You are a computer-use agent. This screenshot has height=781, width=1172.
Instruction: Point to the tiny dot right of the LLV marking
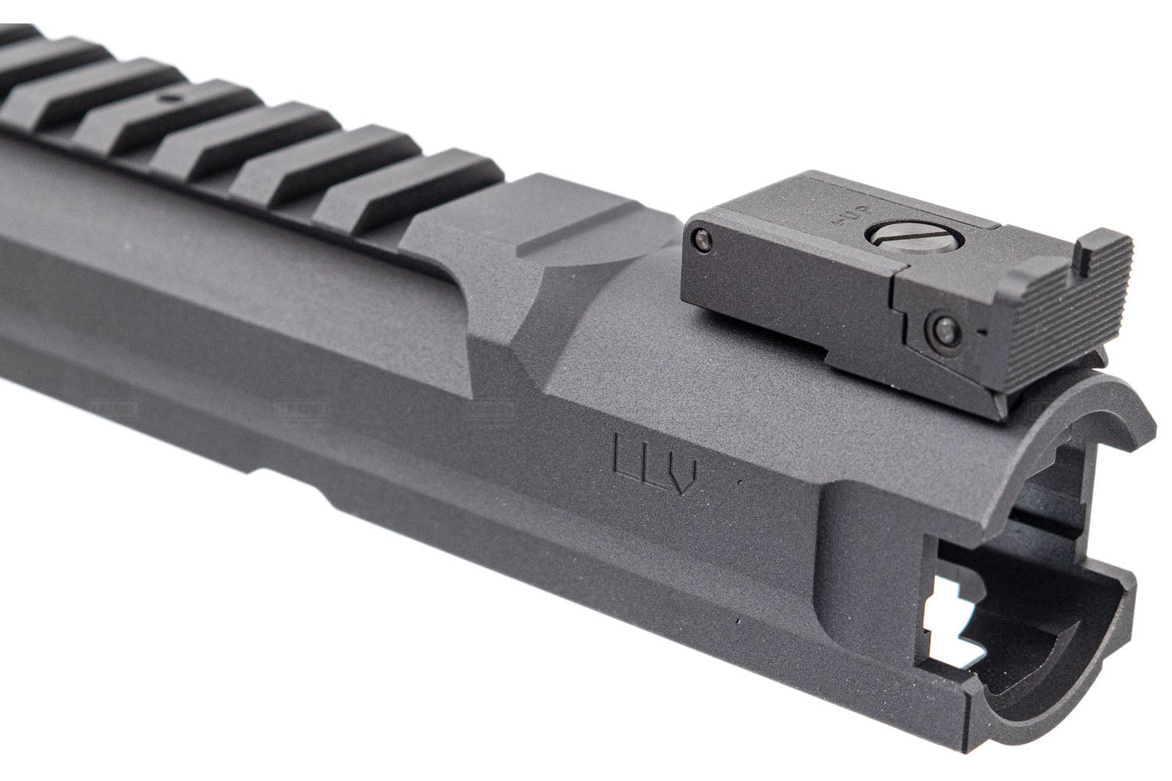click(739, 484)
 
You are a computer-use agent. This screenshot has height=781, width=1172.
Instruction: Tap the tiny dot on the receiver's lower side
click(738, 622)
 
